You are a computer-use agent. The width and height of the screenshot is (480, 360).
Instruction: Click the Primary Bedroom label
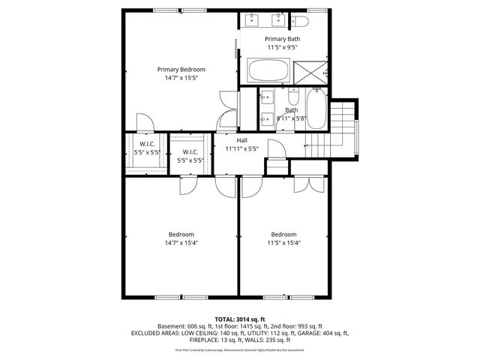click(181, 69)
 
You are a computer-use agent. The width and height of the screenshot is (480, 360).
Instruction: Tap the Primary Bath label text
click(282, 38)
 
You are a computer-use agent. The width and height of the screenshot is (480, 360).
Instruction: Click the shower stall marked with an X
click(309, 72)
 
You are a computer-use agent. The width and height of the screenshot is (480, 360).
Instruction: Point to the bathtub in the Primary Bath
click(268, 73)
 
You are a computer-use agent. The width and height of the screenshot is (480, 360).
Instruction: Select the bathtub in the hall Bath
click(316, 109)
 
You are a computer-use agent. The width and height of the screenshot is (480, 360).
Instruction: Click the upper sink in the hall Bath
click(267, 96)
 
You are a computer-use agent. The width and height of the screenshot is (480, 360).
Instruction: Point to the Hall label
click(241, 140)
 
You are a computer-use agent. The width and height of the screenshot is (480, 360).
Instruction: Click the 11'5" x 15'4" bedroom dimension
click(284, 242)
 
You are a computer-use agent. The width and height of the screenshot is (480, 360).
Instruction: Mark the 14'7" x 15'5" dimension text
click(181, 78)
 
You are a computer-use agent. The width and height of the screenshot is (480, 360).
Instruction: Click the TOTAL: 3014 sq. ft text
click(239, 319)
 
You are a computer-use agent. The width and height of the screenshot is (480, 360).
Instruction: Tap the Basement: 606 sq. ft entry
click(184, 326)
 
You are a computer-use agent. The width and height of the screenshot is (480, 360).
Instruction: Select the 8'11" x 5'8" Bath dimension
click(292, 118)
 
